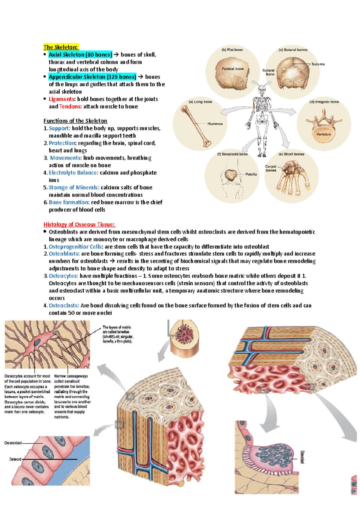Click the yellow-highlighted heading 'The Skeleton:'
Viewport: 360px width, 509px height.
[x=61, y=47]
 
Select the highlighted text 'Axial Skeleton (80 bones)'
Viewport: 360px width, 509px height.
[x=80, y=55]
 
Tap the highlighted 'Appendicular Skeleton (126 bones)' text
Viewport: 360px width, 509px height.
[x=92, y=77]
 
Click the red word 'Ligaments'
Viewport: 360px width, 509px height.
[x=61, y=99]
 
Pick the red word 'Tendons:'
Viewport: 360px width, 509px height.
[x=70, y=106]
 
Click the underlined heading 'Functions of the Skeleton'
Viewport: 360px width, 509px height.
[x=75, y=121]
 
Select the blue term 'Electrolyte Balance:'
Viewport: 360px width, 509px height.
[x=73, y=173]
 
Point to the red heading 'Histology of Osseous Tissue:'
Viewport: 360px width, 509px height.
[x=79, y=225]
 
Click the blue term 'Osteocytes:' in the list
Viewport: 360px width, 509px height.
[x=63, y=276]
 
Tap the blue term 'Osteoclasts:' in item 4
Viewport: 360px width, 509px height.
[x=64, y=305]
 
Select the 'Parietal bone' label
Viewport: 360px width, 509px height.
[x=232, y=69]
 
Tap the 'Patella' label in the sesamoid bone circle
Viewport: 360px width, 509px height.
[x=251, y=174]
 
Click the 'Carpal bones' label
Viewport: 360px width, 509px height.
[x=271, y=168]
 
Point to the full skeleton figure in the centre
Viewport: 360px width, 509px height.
[x=262, y=120]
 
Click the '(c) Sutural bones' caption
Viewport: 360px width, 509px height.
[x=293, y=50]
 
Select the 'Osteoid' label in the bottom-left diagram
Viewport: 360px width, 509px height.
[x=15, y=459]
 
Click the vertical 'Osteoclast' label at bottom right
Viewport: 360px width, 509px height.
[x=302, y=457]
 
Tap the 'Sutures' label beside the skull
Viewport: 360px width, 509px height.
[x=318, y=64]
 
